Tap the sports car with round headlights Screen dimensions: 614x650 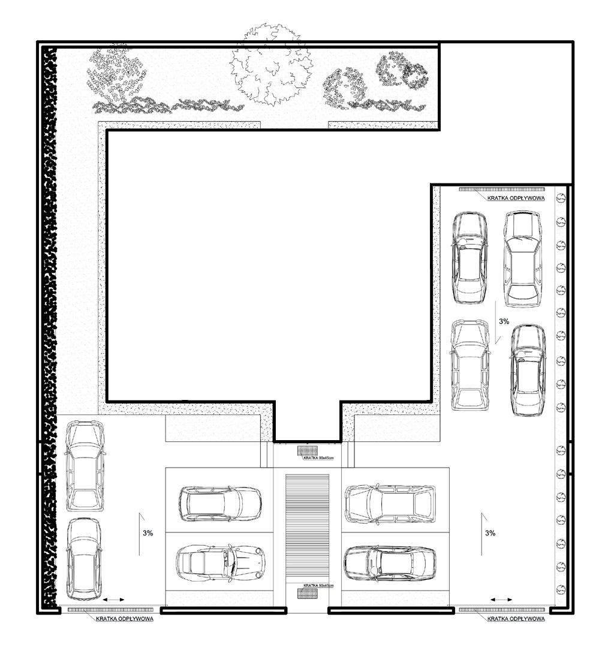[x=220, y=562]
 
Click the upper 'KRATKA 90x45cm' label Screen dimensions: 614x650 [x=318, y=458]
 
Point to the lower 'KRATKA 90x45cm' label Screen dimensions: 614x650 [x=318, y=585]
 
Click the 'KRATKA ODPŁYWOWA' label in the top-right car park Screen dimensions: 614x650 [x=516, y=198]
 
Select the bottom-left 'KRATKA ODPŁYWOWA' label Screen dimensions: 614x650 [x=124, y=619]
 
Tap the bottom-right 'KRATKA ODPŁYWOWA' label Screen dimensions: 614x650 [x=516, y=619]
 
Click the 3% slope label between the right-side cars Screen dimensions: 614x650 [x=504, y=321]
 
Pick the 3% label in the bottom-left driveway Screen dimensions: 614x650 [x=148, y=533]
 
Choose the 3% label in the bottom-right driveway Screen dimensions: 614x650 [x=490, y=533]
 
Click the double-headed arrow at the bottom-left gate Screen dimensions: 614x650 [x=113, y=600]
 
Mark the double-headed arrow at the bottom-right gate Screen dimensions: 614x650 [x=501, y=600]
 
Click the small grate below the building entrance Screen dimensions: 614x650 [x=307, y=450]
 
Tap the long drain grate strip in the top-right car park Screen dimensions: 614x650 [x=501, y=189]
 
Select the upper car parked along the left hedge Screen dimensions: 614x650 [x=85, y=465]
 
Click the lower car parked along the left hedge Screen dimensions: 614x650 [x=84, y=559]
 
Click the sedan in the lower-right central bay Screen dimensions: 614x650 [x=390, y=563]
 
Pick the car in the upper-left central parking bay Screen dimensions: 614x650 [x=220, y=503]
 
